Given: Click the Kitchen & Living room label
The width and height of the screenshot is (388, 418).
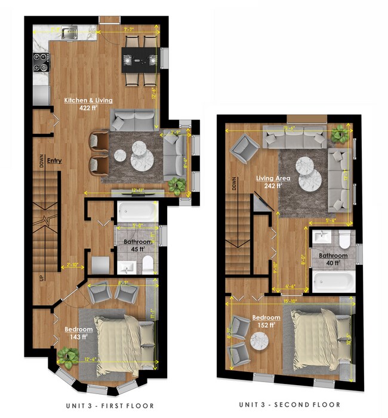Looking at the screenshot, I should click(x=88, y=100).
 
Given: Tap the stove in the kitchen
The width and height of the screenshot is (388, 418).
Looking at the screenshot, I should click(x=41, y=60).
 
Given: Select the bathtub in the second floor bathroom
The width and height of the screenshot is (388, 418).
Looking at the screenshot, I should click(x=333, y=281).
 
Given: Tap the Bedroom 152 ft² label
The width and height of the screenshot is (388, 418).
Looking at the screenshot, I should click(x=266, y=321).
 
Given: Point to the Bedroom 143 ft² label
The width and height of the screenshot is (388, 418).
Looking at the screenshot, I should click(x=78, y=332).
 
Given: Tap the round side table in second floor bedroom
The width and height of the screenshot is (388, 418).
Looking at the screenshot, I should click(x=259, y=341).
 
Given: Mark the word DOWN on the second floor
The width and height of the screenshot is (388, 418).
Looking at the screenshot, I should click(x=233, y=187).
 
